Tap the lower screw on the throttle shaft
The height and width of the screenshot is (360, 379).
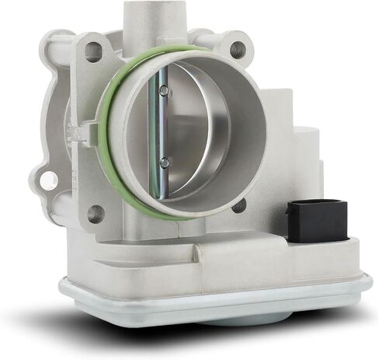tap(164, 163)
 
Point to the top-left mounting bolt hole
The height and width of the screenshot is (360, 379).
tap(92, 52)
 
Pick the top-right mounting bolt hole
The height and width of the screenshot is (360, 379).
tap(235, 49)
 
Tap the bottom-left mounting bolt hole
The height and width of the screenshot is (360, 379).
tap(95, 212)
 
